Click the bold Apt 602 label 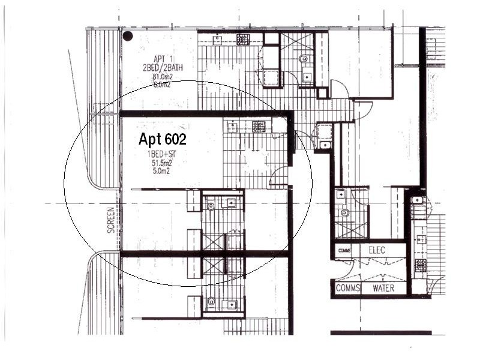tap(162, 140)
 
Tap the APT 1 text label tap(159, 59)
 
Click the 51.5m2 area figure tap(161, 162)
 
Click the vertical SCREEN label tap(110, 220)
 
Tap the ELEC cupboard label tap(377, 250)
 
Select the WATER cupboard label tap(383, 289)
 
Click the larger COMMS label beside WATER tap(347, 289)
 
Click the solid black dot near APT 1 tap(128, 36)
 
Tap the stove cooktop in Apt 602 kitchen tap(259, 126)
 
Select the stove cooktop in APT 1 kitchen tap(243, 40)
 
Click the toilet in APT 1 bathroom tap(304, 59)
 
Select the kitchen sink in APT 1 tap(217, 40)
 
